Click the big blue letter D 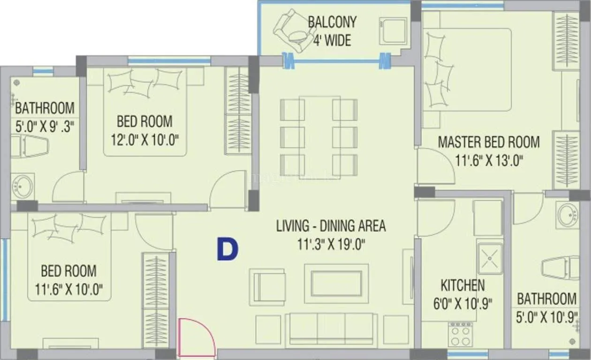pos(227,249)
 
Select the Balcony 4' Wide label pos(332,31)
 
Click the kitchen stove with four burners pos(460,334)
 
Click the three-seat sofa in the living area pos(331,329)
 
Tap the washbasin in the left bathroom pos(22,186)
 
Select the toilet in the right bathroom pos(561,268)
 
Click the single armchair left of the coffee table pos(267,286)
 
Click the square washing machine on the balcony pos(393,30)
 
